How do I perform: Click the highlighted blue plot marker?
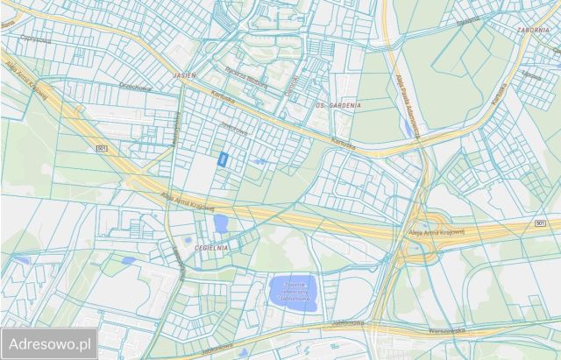pos(224,159)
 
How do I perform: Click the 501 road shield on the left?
pos(103,149)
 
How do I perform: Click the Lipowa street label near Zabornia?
pos(531,75)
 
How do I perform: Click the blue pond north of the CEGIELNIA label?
pos(220,223)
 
